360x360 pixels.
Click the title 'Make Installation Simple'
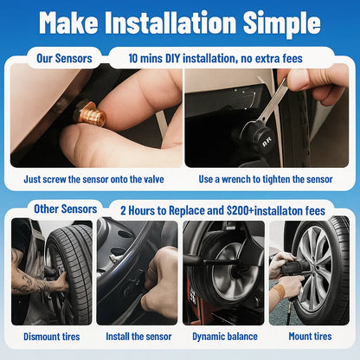pyautogui.click(x=180, y=22)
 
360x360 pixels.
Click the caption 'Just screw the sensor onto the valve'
pyautogui.click(x=93, y=180)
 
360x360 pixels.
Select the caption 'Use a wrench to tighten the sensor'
pyautogui.click(x=266, y=180)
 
